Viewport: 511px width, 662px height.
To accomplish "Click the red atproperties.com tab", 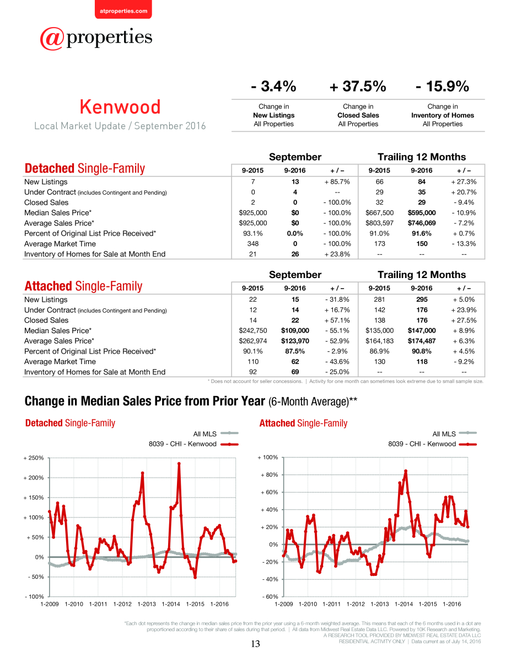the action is [123, 10].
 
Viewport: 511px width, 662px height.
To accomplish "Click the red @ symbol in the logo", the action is [52, 39].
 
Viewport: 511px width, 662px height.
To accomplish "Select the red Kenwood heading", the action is [120, 107].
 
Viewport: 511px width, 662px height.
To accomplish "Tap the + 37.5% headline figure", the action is [358, 86].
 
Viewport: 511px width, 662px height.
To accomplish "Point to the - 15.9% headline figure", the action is [442, 86].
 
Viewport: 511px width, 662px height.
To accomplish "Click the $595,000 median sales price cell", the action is [422, 212].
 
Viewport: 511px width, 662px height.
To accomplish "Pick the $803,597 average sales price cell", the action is [379, 223].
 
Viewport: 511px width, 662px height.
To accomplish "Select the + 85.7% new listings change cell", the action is [337, 182].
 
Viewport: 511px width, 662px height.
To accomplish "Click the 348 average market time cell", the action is [252, 244].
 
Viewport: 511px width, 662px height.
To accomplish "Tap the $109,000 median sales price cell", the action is [295, 330].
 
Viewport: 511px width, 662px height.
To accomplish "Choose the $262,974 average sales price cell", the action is [252, 341].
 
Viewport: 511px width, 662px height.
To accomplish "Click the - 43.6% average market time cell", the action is [337, 361].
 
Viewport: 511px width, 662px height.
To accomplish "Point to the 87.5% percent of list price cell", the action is [295, 351].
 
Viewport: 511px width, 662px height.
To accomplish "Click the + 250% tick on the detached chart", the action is [34, 458].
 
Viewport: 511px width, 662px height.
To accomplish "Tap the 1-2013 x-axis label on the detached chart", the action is [147, 604].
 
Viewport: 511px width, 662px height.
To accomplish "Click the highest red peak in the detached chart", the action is [179, 463].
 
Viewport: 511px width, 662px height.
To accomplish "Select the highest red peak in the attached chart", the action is [405, 471].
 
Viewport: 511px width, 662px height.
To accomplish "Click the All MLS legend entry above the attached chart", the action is [454, 434].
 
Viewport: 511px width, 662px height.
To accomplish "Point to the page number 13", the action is [255, 644].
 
